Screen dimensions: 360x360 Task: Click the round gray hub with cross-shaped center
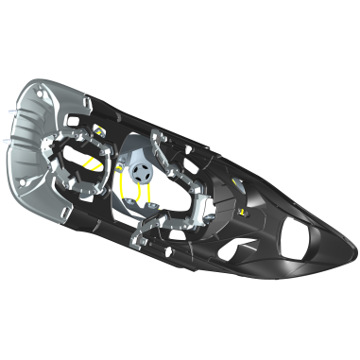(142, 171)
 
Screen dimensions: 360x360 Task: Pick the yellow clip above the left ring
(98, 129)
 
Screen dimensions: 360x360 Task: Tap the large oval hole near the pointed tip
(307, 242)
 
